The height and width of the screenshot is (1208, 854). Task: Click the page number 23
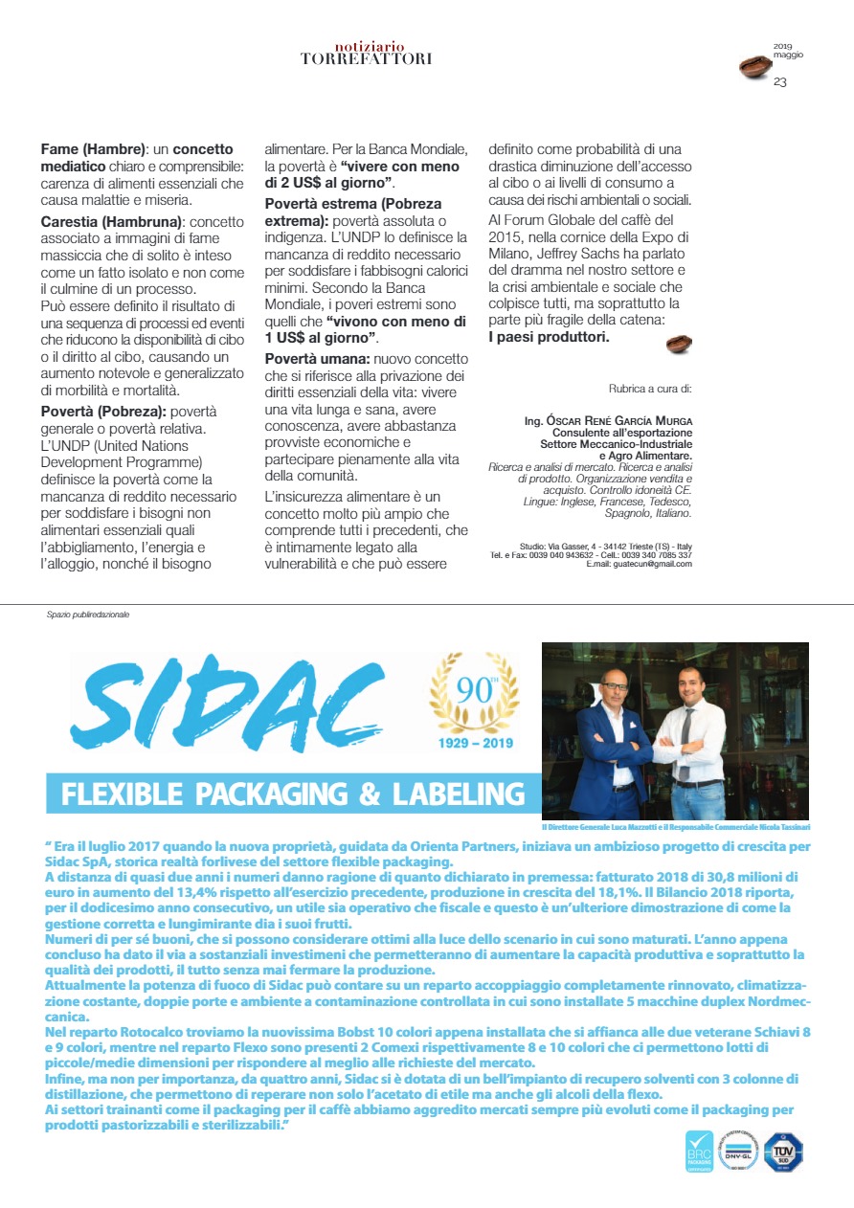coord(780,82)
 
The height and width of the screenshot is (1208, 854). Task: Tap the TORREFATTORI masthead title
coord(366,58)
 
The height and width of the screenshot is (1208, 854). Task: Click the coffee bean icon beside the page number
coord(754,67)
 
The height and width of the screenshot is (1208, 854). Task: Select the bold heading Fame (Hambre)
coord(94,150)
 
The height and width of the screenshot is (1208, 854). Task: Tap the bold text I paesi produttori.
coord(549,337)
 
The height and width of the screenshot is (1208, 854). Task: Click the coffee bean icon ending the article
coord(678,343)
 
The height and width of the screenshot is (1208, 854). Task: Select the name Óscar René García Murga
coord(602,420)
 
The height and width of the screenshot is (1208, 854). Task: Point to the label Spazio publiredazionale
coord(87,615)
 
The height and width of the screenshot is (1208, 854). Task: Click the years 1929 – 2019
coord(476,743)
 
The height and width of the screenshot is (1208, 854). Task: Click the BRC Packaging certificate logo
coord(699,1153)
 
